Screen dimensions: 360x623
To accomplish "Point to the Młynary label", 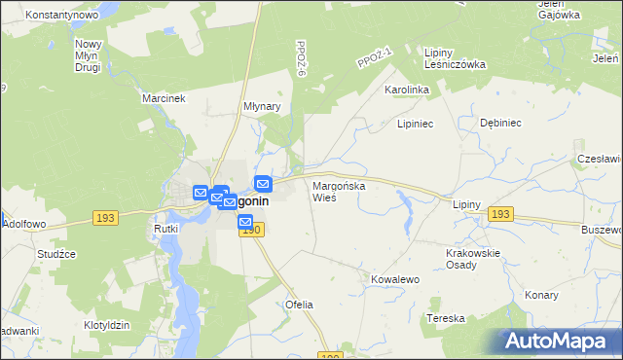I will [x=262, y=107].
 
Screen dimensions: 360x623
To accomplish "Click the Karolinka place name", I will [x=407, y=90].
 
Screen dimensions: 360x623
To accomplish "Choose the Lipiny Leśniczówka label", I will [x=455, y=57].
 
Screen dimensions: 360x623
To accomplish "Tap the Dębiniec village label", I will [x=501, y=124].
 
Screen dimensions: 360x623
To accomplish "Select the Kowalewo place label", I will [x=394, y=279].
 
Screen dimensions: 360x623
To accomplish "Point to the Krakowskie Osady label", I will [x=472, y=259].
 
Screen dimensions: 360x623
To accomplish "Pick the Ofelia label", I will [x=299, y=305].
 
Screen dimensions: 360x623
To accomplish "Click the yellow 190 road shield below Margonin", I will [x=251, y=229].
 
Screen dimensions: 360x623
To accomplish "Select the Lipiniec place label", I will [x=415, y=125].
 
